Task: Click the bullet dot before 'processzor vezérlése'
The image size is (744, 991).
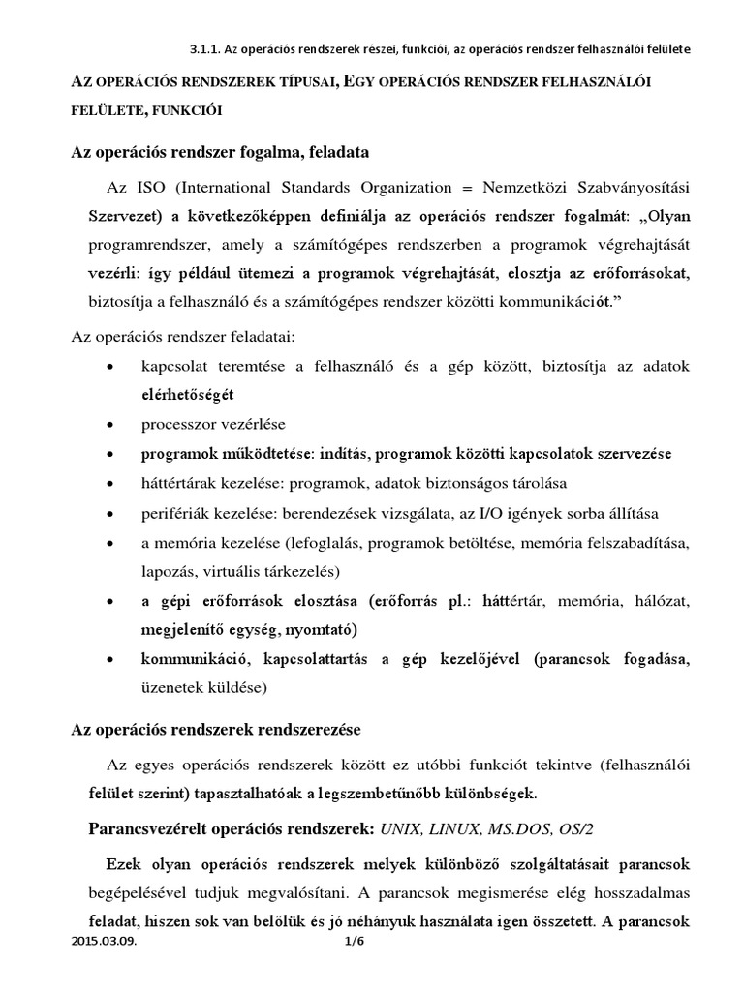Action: [113, 425]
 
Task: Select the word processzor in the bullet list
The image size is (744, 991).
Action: [180, 425]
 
